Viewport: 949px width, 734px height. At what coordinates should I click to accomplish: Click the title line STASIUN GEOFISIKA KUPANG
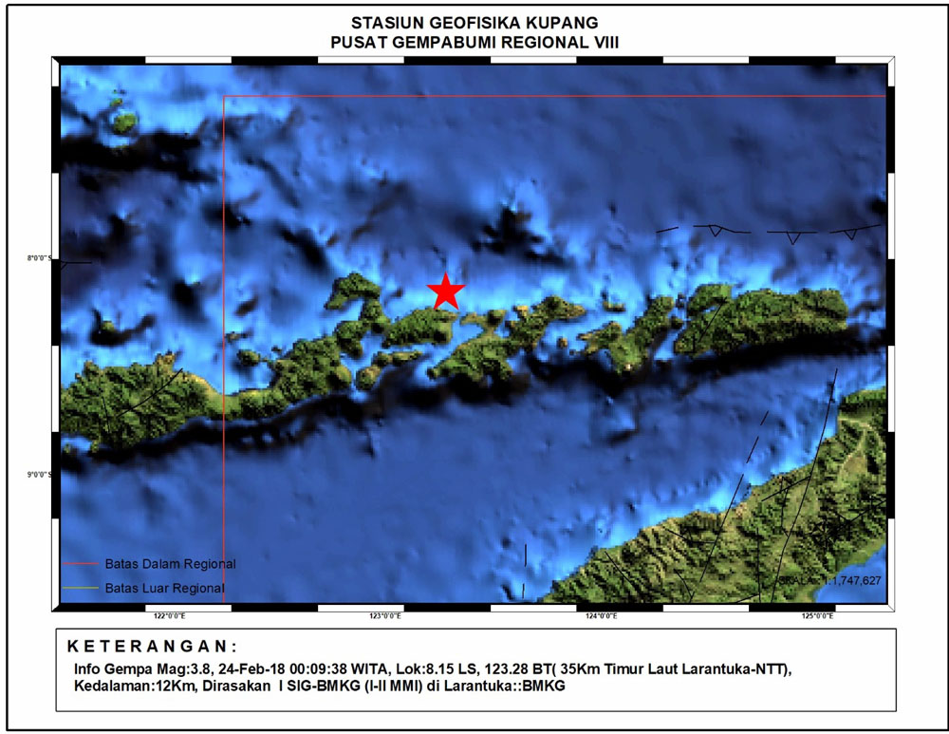click(x=474, y=23)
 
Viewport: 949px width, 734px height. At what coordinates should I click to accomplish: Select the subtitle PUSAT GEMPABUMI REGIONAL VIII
click(x=474, y=41)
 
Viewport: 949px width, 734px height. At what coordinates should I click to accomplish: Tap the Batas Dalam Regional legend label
click(x=171, y=564)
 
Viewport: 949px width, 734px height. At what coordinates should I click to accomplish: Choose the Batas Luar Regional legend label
click(x=165, y=588)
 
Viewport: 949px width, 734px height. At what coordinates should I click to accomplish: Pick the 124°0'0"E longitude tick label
click(x=601, y=616)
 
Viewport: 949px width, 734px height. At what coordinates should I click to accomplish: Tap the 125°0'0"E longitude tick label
click(x=817, y=616)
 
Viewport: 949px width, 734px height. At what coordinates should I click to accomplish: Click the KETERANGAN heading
click(x=152, y=647)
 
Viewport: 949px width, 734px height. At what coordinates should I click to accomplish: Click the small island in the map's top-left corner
click(x=123, y=122)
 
